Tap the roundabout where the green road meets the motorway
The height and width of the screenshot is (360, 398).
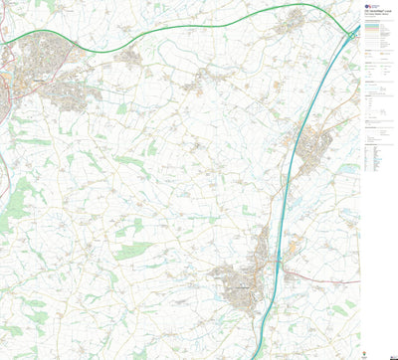tap(354, 36)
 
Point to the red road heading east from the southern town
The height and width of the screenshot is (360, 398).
tap(308, 267)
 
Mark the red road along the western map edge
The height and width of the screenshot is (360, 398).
tap(5, 179)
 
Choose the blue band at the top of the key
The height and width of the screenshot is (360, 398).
tap(377, 27)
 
